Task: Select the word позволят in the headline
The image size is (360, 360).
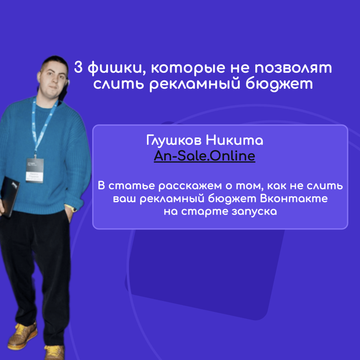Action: [293, 68]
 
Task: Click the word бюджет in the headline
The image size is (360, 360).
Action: [279, 84]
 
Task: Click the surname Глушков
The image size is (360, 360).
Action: [174, 140]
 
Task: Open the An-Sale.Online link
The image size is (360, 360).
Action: [205, 156]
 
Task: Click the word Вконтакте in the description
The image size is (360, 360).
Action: [294, 198]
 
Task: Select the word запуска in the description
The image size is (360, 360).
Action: [254, 211]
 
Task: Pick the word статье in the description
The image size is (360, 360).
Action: [132, 186]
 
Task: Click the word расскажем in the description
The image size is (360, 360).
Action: [190, 186]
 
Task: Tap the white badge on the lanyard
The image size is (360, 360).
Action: [35, 170]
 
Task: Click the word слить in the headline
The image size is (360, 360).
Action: [118, 84]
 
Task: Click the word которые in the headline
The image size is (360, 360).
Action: [188, 69]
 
